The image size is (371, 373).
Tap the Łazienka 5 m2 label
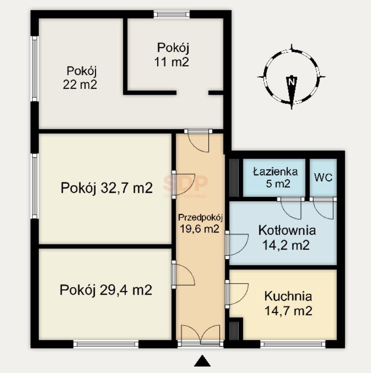tap(275, 177)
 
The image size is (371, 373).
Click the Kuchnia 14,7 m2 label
tap(288, 303)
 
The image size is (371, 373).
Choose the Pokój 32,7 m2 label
tap(107, 188)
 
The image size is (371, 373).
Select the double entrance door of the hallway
tap(200, 337)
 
